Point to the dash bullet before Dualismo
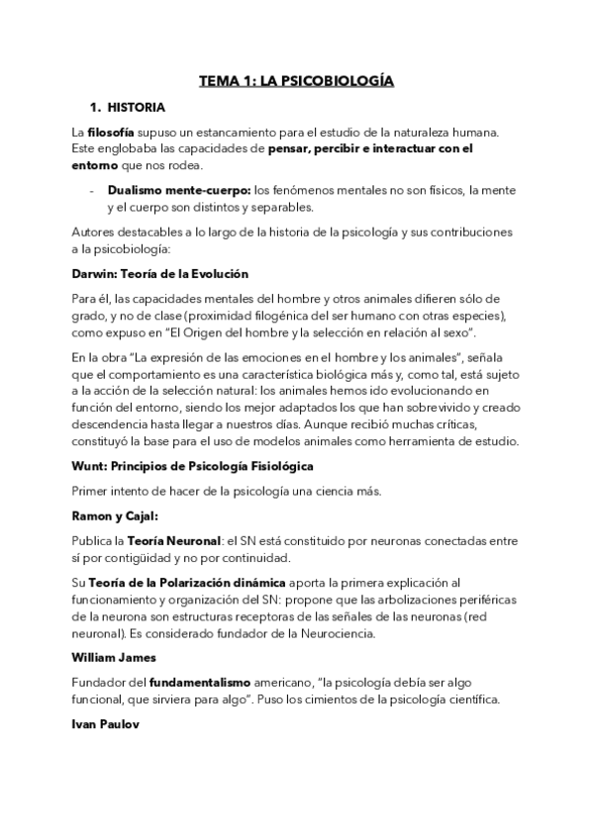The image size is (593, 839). click(x=91, y=190)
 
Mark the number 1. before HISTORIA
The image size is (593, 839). click(x=96, y=107)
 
